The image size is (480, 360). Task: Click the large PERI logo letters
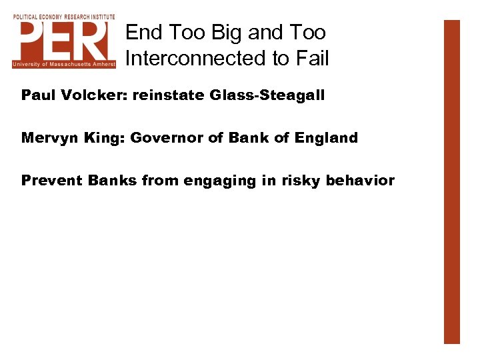pos(64,40)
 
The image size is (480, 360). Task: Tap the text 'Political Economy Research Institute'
pos(64,16)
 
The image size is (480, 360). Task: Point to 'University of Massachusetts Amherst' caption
pos(64,64)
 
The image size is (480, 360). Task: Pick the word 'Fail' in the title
pos(311,59)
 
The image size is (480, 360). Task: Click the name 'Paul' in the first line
pos(37,95)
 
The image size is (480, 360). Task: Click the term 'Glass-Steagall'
pos(267,95)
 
